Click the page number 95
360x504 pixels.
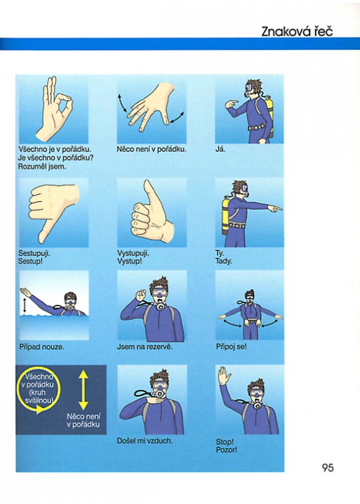tap(328, 467)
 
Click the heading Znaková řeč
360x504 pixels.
tap(297, 31)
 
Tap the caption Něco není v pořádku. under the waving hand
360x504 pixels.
tap(151, 149)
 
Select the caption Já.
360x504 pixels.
tap(221, 149)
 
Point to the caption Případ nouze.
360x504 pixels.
tap(42, 347)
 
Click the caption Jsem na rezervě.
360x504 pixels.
tap(144, 347)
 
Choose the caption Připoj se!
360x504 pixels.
tap(231, 347)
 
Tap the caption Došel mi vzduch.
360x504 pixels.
tap(145, 440)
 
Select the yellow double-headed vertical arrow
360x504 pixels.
tap(83, 390)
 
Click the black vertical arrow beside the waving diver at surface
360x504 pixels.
tap(25, 306)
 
